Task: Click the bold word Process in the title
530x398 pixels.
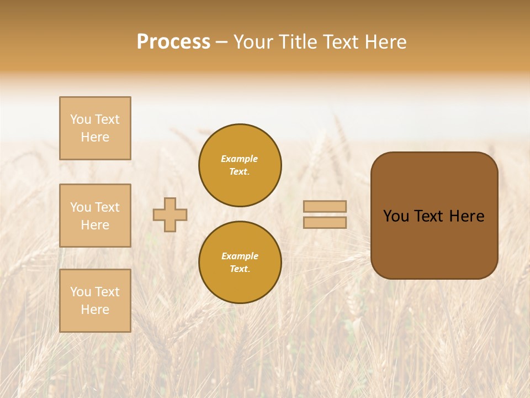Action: tap(173, 42)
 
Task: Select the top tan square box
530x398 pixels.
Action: tap(95, 128)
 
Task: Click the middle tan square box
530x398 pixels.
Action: tap(95, 216)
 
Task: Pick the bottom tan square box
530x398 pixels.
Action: tap(95, 301)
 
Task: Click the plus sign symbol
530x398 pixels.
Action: tap(170, 214)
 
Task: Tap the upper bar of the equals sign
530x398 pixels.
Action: tap(325, 206)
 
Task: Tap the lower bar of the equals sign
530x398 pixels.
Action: tap(325, 222)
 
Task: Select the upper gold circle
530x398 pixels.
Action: tap(240, 165)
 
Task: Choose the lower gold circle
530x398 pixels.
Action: tap(240, 263)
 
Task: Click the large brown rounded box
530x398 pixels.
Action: tap(434, 216)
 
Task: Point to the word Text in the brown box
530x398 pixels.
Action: tap(428, 216)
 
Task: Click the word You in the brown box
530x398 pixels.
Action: tap(396, 216)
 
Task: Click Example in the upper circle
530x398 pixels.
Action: tap(240, 159)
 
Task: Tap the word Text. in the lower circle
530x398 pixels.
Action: tap(240, 269)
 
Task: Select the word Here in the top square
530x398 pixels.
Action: tap(95, 137)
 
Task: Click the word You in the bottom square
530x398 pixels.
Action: tap(81, 292)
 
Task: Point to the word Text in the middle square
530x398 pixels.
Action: tap(107, 207)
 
